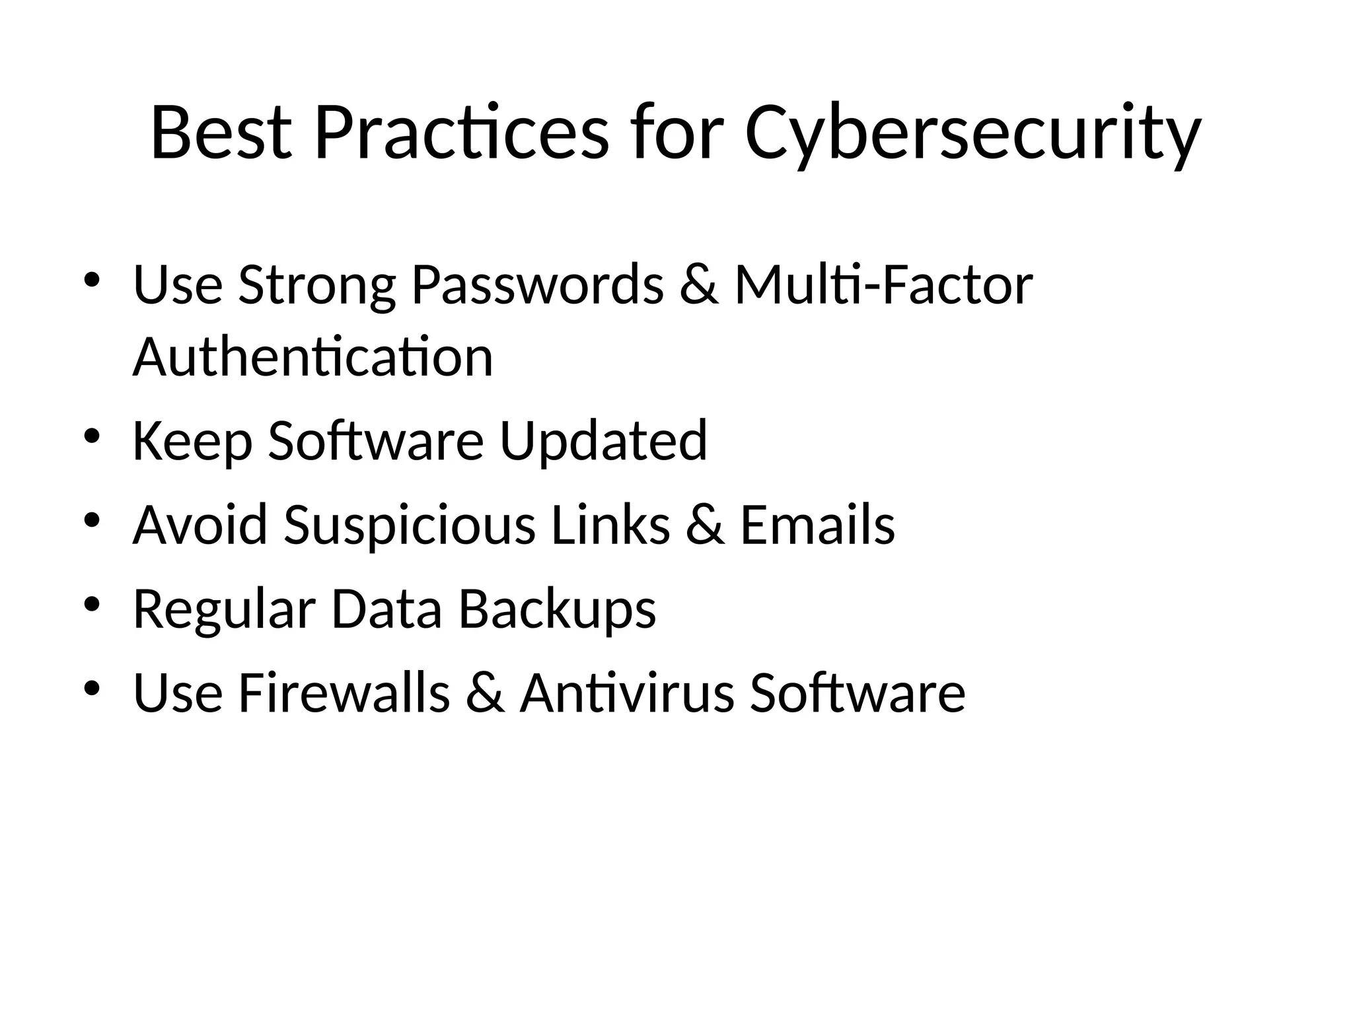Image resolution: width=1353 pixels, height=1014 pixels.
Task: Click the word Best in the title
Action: point(221,133)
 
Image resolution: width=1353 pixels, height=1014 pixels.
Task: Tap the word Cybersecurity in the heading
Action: point(972,133)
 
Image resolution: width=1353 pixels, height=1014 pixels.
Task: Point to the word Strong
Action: point(316,285)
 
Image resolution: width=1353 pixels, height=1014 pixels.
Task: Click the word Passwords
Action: point(537,285)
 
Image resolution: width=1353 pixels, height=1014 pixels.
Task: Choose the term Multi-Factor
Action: point(883,285)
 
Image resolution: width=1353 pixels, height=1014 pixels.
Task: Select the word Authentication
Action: point(312,356)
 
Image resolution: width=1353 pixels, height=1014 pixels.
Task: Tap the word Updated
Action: point(603,441)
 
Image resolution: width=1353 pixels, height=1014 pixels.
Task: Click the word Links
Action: point(610,525)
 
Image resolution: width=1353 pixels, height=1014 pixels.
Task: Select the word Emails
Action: point(817,525)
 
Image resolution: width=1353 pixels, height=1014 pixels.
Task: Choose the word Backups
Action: point(557,609)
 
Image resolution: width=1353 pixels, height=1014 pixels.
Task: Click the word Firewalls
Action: point(344,693)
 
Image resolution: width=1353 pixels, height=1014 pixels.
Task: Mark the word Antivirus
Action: point(626,693)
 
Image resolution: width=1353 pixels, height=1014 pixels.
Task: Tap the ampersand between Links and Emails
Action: point(705,525)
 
